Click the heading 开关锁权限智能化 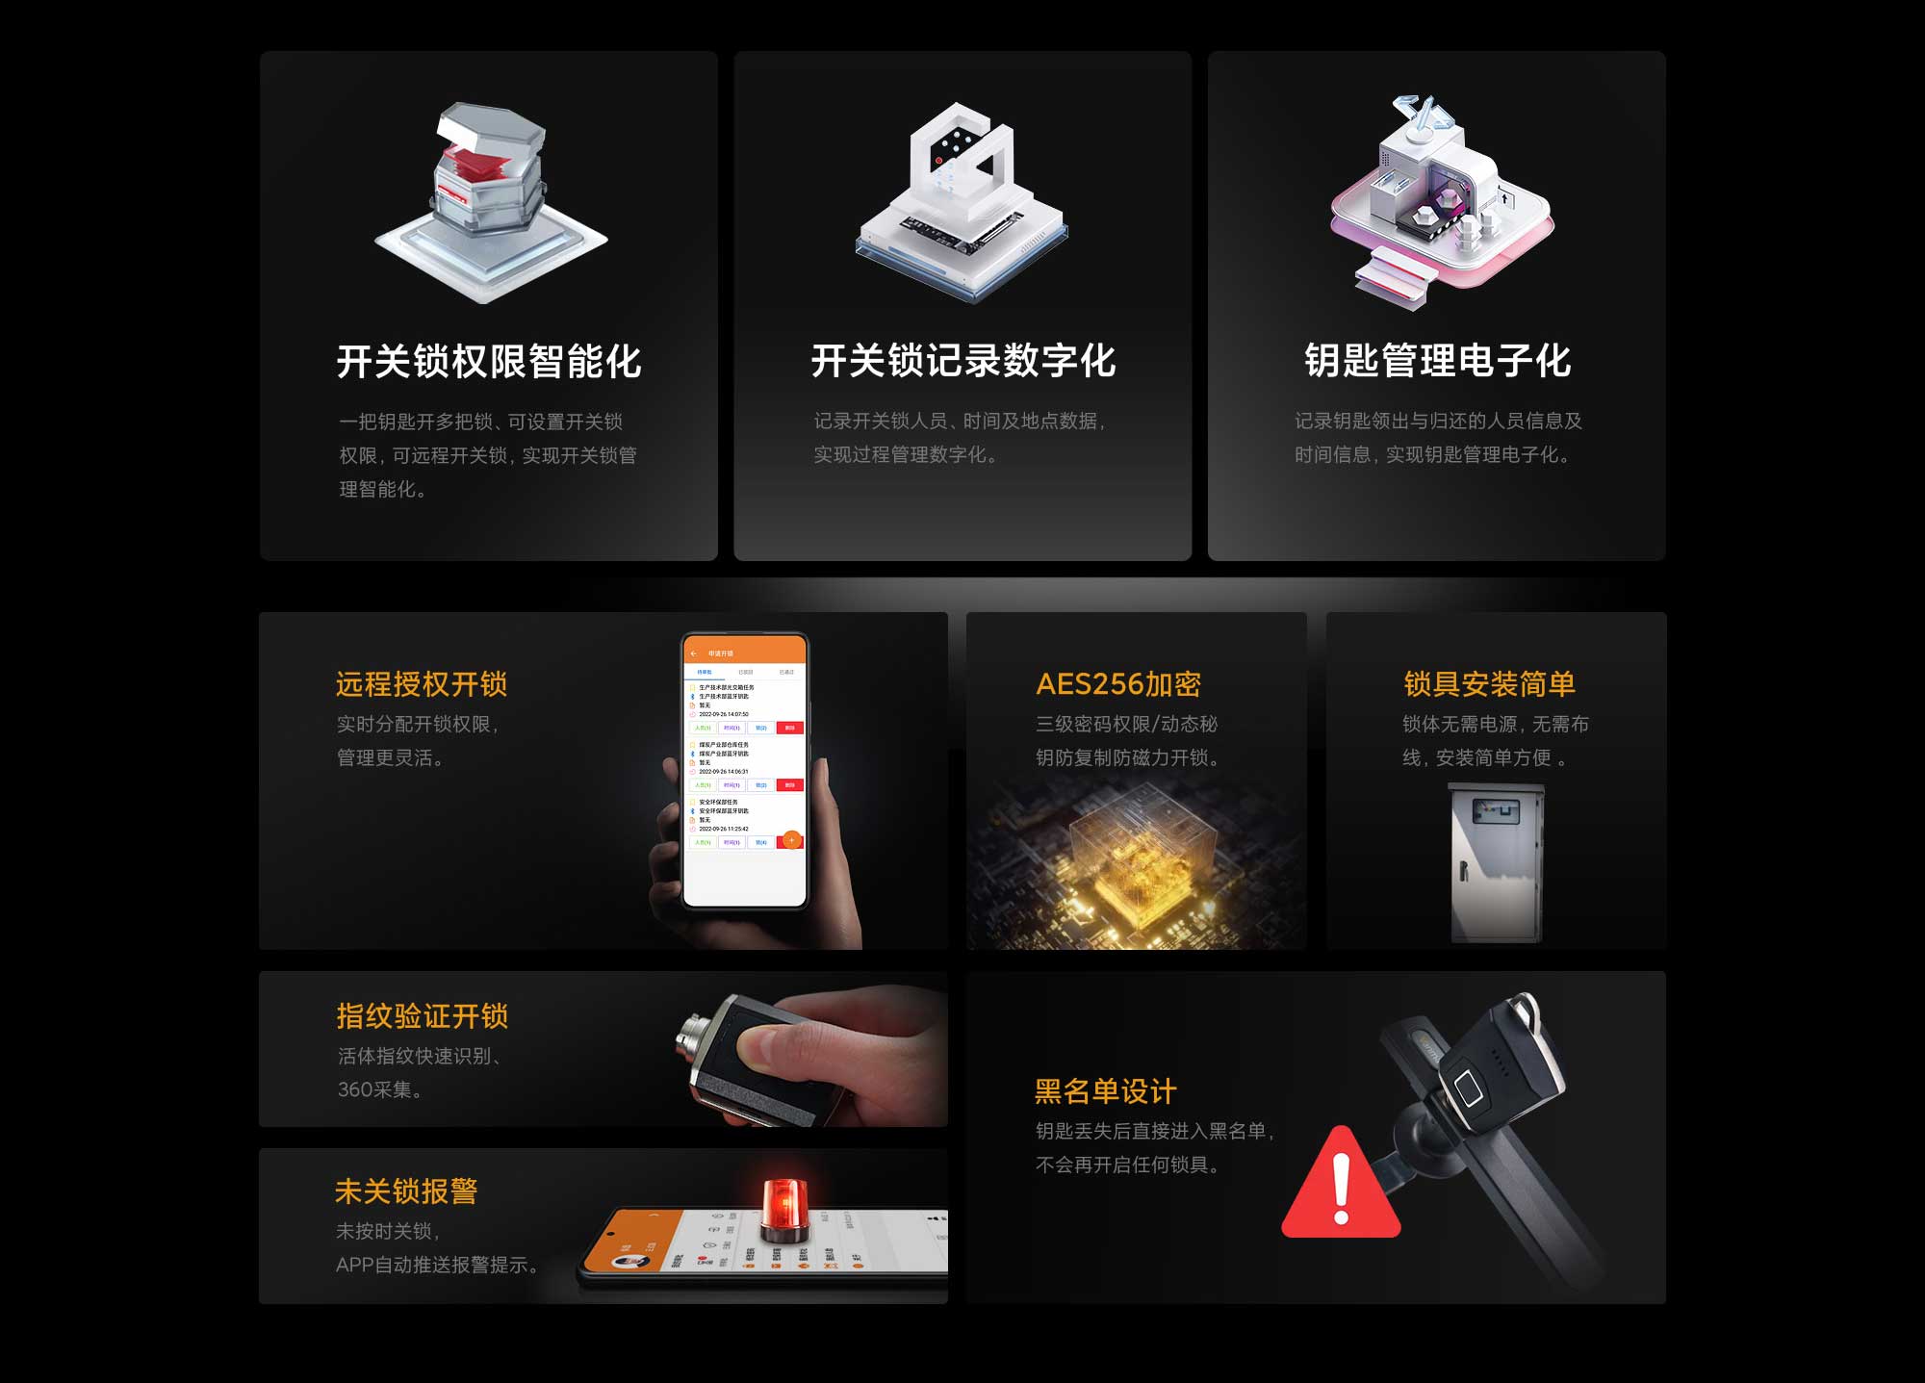(x=489, y=362)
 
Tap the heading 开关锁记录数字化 (x=962, y=361)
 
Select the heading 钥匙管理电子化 (x=1437, y=361)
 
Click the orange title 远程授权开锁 (x=421, y=684)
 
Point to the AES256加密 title (x=1118, y=684)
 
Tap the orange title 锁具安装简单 (x=1489, y=684)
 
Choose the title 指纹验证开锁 (x=422, y=1016)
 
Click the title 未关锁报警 (x=406, y=1191)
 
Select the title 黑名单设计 (x=1105, y=1091)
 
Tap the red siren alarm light (x=784, y=1210)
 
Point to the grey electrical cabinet (x=1496, y=862)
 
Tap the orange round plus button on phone (x=791, y=840)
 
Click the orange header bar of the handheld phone (x=745, y=653)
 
